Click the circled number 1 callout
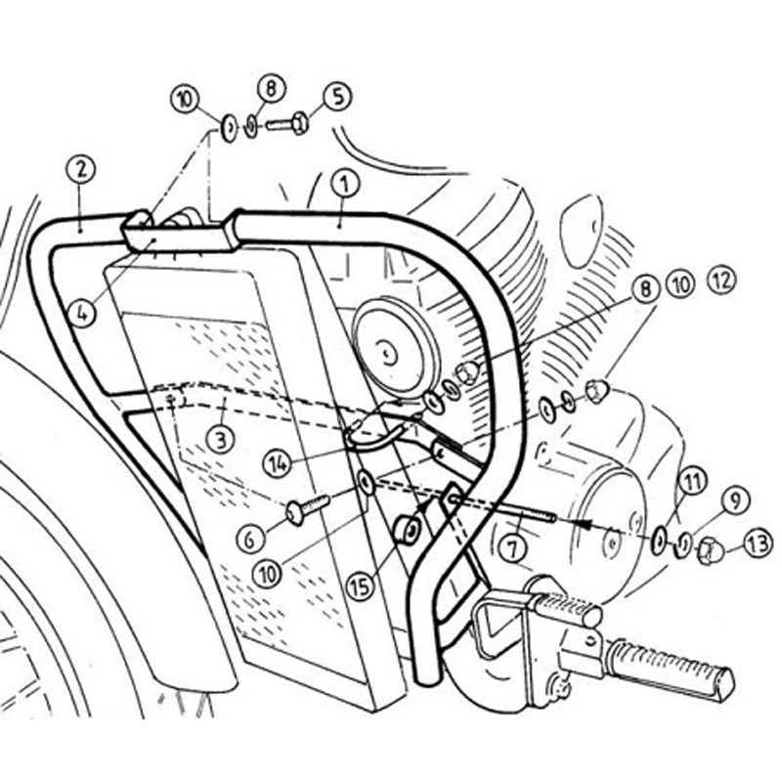(x=341, y=183)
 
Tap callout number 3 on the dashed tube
(x=221, y=440)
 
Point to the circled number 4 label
(x=83, y=314)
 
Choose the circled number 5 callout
(x=335, y=96)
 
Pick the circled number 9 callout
(x=731, y=502)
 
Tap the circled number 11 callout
(x=691, y=480)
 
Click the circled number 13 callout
(x=757, y=542)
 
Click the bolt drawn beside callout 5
(x=288, y=124)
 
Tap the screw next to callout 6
(x=306, y=509)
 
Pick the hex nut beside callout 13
(x=710, y=551)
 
